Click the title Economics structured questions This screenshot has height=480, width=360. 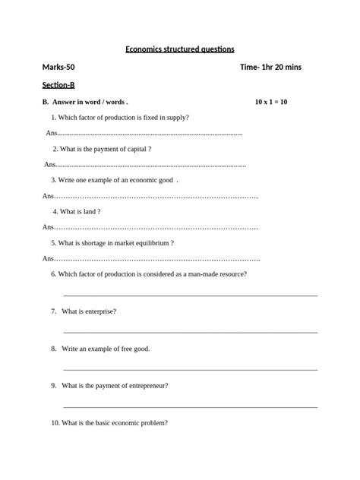click(x=179, y=49)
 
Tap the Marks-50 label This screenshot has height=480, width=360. click(x=58, y=68)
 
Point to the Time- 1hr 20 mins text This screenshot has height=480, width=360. click(x=270, y=68)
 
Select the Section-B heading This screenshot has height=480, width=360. click(x=58, y=85)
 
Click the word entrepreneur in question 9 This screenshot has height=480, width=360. click(x=147, y=385)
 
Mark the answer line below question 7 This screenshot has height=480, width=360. click(x=190, y=332)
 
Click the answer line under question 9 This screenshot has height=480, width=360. click(x=190, y=406)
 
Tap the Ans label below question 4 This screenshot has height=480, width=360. click(x=48, y=228)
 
